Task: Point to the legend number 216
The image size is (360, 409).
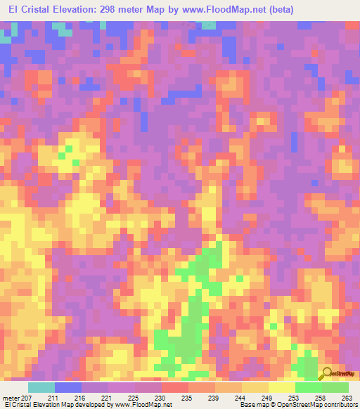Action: pyautogui.click(x=81, y=397)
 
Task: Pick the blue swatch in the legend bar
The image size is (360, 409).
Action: pyautogui.click(x=67, y=387)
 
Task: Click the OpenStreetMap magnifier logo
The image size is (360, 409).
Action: pyautogui.click(x=327, y=372)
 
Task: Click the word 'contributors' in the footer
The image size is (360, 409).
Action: pyautogui.click(x=337, y=405)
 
